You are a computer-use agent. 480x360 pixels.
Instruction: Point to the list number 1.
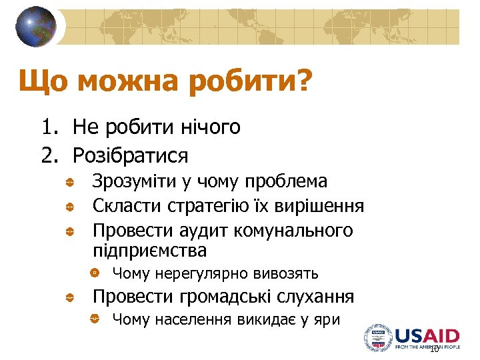point(49,127)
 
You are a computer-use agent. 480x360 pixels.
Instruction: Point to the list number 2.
point(49,156)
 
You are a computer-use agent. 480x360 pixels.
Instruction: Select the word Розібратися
point(130,156)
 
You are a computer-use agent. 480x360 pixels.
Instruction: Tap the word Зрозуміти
point(133,182)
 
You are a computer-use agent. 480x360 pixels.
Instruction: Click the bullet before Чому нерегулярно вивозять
point(95,273)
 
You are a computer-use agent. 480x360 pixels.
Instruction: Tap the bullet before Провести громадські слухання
point(69,298)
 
